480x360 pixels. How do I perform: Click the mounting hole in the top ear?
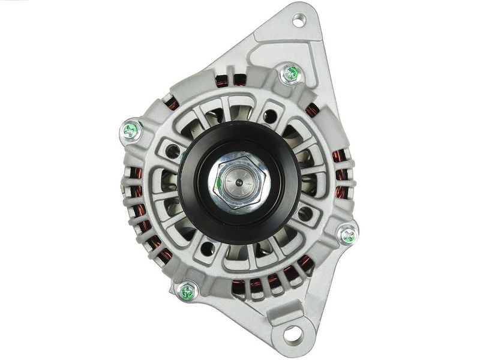(298, 21)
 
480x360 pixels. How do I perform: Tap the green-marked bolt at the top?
(291, 74)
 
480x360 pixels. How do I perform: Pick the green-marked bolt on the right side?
(347, 234)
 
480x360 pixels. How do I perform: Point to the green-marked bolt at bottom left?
(187, 292)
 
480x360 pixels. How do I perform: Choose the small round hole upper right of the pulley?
(271, 115)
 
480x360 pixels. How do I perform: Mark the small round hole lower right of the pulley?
(304, 212)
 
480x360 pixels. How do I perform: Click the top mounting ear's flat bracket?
(282, 42)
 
